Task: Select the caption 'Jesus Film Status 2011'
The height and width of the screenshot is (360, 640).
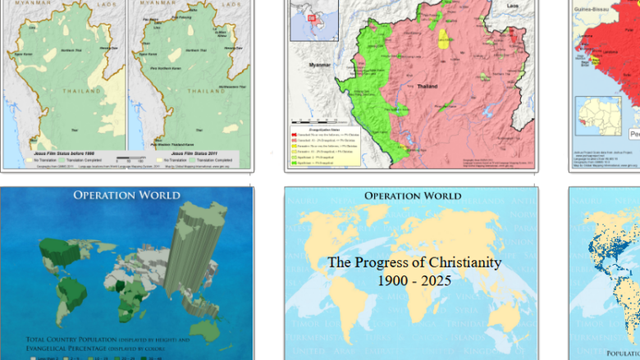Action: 188,153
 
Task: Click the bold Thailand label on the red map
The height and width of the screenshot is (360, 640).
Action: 427,86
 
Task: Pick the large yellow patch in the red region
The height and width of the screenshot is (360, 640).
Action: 445,39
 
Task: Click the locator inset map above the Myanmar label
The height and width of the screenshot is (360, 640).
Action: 313,17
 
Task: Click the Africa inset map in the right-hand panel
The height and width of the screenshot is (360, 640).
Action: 597,121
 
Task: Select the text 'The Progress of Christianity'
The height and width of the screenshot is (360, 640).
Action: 414,262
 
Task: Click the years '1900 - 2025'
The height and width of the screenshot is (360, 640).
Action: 414,280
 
